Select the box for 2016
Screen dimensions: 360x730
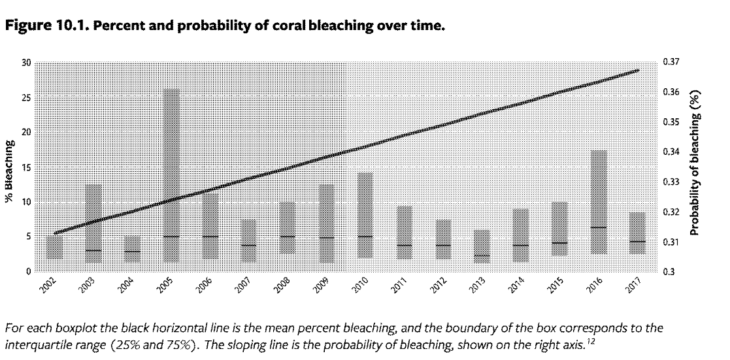(599, 202)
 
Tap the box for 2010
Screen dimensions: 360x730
(365, 215)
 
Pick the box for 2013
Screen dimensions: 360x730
(482, 246)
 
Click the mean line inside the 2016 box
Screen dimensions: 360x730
(599, 227)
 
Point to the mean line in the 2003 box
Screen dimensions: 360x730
(93, 250)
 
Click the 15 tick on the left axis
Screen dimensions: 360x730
(26, 167)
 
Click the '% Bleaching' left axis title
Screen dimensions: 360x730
(10, 167)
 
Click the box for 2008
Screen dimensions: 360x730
(288, 227)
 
